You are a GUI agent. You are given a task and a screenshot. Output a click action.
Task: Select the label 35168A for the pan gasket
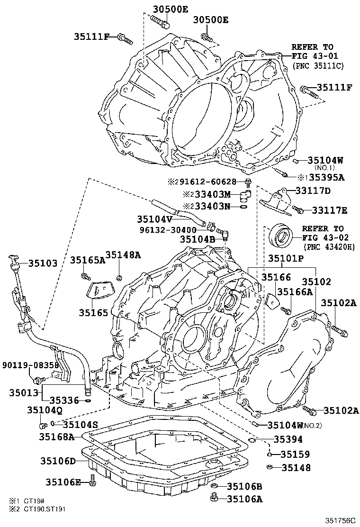56,436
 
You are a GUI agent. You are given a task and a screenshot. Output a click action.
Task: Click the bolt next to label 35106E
93,482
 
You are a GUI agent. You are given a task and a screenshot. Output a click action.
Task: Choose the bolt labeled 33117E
297,210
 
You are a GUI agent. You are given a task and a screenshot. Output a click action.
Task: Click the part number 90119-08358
30,365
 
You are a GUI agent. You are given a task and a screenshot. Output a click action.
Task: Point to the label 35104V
154,219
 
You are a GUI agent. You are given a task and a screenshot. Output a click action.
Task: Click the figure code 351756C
340,520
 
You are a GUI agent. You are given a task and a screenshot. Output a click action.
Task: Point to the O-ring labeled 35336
88,400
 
